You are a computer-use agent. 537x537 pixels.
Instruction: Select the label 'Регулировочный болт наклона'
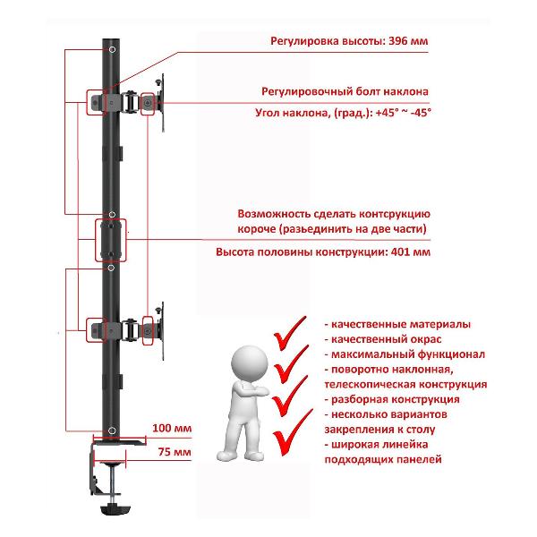click(x=345, y=91)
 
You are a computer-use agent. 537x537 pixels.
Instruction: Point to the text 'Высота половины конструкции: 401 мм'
click(x=323, y=253)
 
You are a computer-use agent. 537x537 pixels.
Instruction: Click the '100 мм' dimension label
click(x=173, y=428)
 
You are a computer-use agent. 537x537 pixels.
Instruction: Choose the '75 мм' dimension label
click(x=175, y=453)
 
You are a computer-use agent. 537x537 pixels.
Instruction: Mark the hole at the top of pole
click(x=112, y=50)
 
